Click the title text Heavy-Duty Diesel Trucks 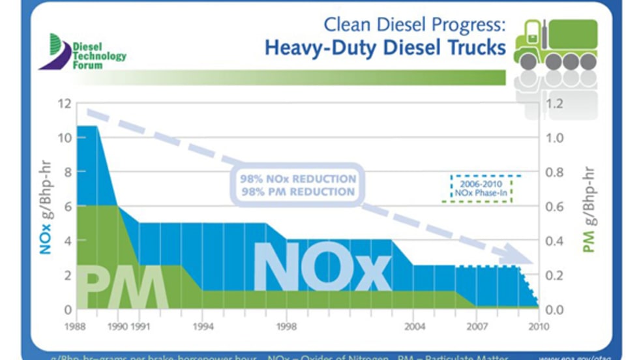tap(385, 48)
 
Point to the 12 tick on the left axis tap(63, 104)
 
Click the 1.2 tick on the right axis tap(554, 104)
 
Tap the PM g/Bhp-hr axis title tap(589, 207)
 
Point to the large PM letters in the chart tap(122, 286)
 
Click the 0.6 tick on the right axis tap(554, 207)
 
